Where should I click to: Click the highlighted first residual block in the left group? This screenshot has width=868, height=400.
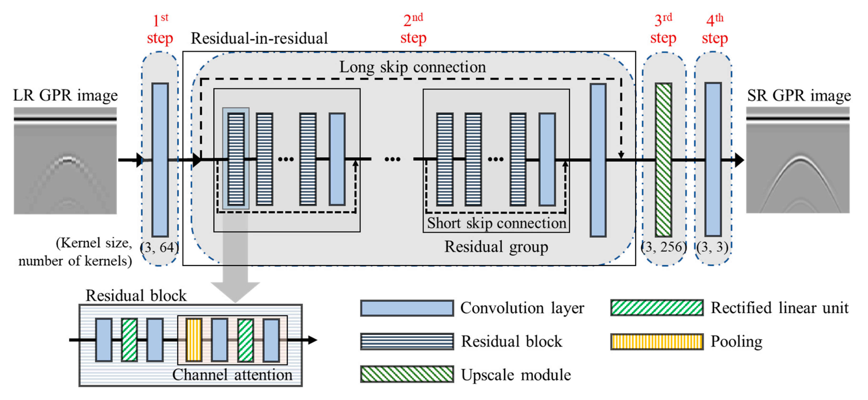coord(236,159)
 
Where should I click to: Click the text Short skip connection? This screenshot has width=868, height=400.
coord(496,223)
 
